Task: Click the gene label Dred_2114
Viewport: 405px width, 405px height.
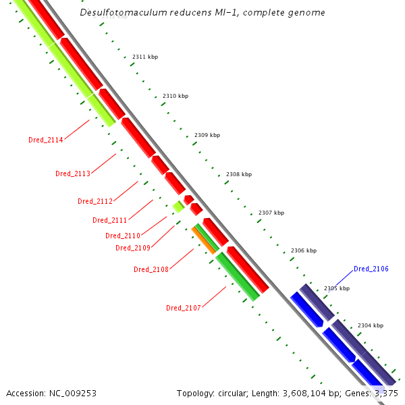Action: click(46, 140)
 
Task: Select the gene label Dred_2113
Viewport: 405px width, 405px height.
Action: click(73, 174)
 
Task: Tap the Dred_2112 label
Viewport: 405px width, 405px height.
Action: click(95, 201)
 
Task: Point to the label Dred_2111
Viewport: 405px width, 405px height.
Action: click(110, 220)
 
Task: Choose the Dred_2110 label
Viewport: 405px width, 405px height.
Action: click(123, 236)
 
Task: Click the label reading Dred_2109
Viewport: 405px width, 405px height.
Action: click(133, 248)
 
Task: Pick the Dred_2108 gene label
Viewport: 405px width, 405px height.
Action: click(151, 269)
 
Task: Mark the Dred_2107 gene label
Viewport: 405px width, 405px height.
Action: click(184, 308)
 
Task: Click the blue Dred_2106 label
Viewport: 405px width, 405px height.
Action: click(371, 269)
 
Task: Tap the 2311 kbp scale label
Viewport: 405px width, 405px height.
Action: click(145, 57)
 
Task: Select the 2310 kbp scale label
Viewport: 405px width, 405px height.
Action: click(175, 96)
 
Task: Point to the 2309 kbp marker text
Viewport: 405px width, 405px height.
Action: click(207, 135)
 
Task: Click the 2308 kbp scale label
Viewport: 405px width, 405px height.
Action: click(239, 174)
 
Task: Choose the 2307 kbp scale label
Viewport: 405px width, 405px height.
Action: click(271, 213)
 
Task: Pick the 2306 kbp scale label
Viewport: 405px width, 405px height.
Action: click(304, 250)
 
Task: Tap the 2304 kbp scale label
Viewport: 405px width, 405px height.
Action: click(371, 325)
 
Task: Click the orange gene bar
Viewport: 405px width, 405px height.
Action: click(203, 240)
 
